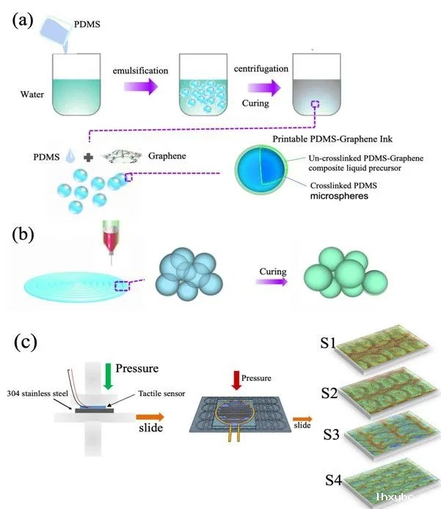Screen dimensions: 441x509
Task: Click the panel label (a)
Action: coord(23,21)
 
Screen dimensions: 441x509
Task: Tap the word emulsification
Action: coord(140,70)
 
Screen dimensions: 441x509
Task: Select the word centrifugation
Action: coord(261,69)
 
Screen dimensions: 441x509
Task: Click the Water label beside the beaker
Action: coord(32,95)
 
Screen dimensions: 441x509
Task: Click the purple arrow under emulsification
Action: coord(141,87)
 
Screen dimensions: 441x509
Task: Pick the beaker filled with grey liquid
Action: coord(316,84)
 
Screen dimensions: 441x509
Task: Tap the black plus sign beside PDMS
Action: coord(88,158)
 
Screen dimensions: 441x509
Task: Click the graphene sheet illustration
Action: coord(122,155)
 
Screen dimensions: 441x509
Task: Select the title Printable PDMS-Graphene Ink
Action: coord(332,139)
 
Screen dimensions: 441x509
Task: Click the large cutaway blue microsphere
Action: coord(261,169)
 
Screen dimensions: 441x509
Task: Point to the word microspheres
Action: coord(339,196)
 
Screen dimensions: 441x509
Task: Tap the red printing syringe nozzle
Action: coord(111,241)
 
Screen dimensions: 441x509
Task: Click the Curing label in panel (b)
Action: coord(273,271)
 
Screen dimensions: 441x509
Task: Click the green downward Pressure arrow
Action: coord(108,376)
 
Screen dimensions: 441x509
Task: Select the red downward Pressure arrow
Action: coord(236,380)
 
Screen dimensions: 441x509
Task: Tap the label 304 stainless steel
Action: coord(37,394)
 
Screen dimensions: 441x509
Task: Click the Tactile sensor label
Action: coord(161,394)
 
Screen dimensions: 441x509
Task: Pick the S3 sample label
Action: coord(332,435)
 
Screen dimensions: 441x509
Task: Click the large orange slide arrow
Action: coord(150,417)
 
